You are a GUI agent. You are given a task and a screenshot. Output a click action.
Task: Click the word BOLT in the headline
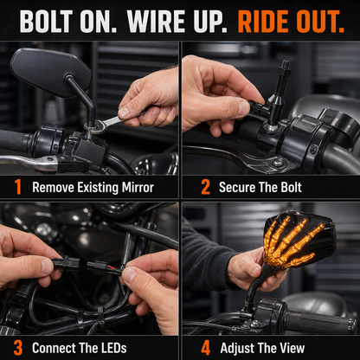(47, 22)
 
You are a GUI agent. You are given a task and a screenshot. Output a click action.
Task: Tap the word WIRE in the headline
(156, 22)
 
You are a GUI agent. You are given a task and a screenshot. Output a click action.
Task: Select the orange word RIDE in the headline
(263, 22)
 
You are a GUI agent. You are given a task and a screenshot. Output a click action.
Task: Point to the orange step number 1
(18, 187)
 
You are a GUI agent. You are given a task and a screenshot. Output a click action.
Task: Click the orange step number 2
(205, 187)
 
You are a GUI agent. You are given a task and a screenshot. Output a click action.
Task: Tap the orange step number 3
(18, 348)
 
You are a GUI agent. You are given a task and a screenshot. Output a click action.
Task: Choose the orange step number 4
(206, 348)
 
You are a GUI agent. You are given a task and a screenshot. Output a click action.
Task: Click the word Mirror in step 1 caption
(138, 188)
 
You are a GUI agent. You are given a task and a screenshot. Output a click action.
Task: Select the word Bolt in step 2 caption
(292, 187)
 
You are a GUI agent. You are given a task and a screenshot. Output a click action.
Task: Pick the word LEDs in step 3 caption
(114, 348)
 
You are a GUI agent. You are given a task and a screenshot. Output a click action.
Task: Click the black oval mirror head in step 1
(50, 72)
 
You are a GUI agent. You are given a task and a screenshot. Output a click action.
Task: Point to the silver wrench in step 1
(115, 122)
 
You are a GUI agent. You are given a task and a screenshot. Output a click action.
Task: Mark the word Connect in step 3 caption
(53, 348)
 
